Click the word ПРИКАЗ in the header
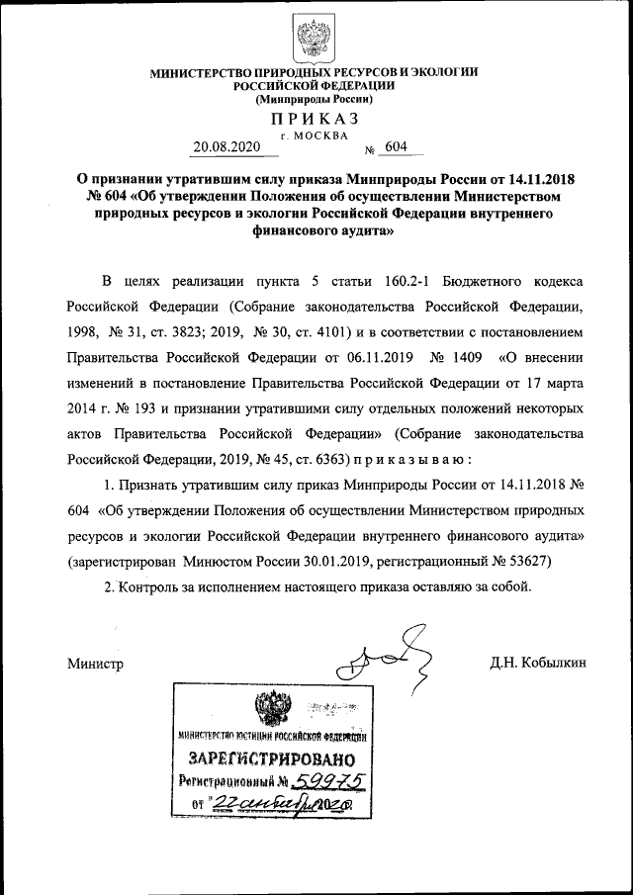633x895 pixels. pyautogui.click(x=314, y=119)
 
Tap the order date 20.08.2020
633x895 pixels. pyautogui.click(x=226, y=146)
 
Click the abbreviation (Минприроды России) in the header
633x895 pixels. pyautogui.click(x=314, y=100)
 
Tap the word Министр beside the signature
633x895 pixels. pyautogui.click(x=96, y=663)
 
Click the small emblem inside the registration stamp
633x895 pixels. pyautogui.click(x=267, y=711)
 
